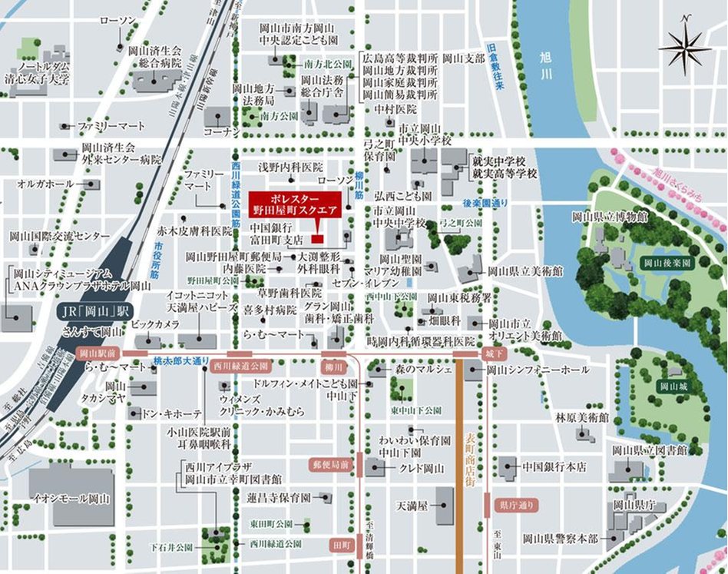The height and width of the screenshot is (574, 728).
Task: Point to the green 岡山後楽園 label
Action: pyautogui.click(x=667, y=263)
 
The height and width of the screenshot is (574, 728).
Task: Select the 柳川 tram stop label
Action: pyautogui.click(x=332, y=367)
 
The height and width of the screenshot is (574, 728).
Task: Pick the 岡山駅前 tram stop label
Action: pyautogui.click(x=97, y=353)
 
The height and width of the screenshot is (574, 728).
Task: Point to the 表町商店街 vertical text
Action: pyautogui.click(x=470, y=460)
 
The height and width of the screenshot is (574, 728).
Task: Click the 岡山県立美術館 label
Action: pyautogui.click(x=525, y=271)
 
